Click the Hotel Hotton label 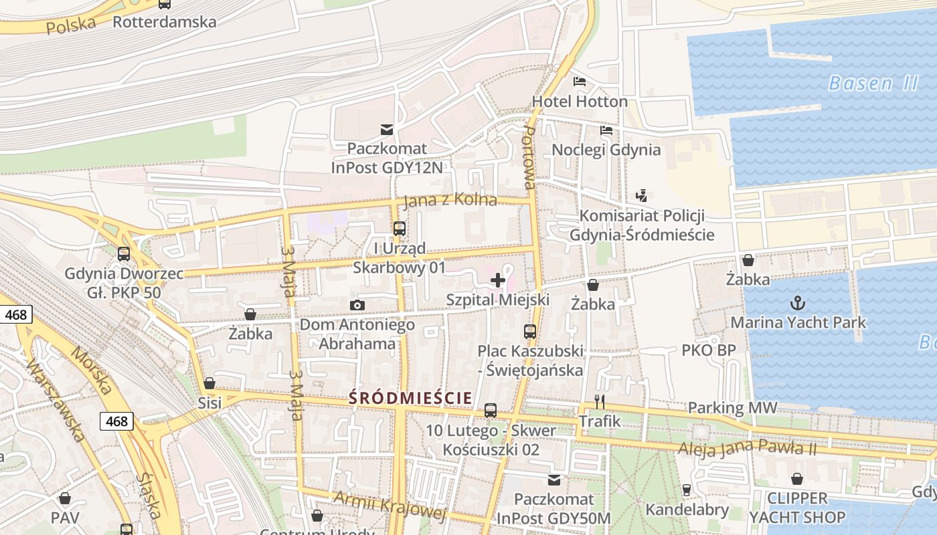click(580, 102)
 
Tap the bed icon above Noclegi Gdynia click(606, 130)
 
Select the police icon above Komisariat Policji click(642, 196)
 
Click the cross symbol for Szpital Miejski click(498, 280)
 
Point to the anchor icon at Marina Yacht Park click(797, 304)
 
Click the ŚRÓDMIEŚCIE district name click(410, 398)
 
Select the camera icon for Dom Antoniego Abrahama click(357, 306)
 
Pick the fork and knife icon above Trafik click(600, 402)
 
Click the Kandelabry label click(687, 510)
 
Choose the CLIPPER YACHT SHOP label click(796, 508)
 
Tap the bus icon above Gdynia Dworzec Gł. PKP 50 click(124, 254)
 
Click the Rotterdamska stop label click(164, 22)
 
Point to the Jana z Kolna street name click(450, 199)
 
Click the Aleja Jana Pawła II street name click(747, 448)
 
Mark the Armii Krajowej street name click(389, 506)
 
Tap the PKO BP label click(708, 350)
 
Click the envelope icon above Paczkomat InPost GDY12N click(387, 129)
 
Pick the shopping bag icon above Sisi click(209, 383)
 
